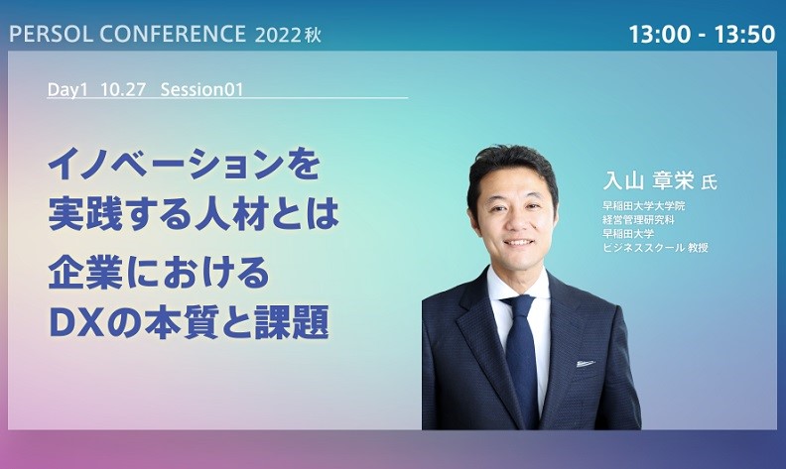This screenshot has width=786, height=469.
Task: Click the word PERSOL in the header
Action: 52,34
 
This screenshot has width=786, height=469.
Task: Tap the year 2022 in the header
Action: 278,35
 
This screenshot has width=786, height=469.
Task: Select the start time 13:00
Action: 661,35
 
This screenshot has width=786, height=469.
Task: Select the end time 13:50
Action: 744,35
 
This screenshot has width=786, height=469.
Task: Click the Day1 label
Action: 67,89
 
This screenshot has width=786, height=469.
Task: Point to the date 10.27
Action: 123,89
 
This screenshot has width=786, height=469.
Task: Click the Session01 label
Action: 201,89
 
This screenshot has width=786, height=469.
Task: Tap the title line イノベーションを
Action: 184,165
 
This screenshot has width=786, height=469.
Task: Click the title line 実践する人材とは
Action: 194,213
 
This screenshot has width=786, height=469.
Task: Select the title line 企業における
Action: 159,274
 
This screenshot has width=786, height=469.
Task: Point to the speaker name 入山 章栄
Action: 648,180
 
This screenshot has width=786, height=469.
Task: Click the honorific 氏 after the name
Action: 709,182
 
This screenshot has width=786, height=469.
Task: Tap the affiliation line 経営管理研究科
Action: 638,219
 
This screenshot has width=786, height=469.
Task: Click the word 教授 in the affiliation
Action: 698,247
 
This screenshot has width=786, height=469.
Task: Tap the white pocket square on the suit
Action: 586,362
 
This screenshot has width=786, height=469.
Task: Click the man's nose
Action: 513,223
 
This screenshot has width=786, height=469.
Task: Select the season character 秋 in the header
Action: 312,35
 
